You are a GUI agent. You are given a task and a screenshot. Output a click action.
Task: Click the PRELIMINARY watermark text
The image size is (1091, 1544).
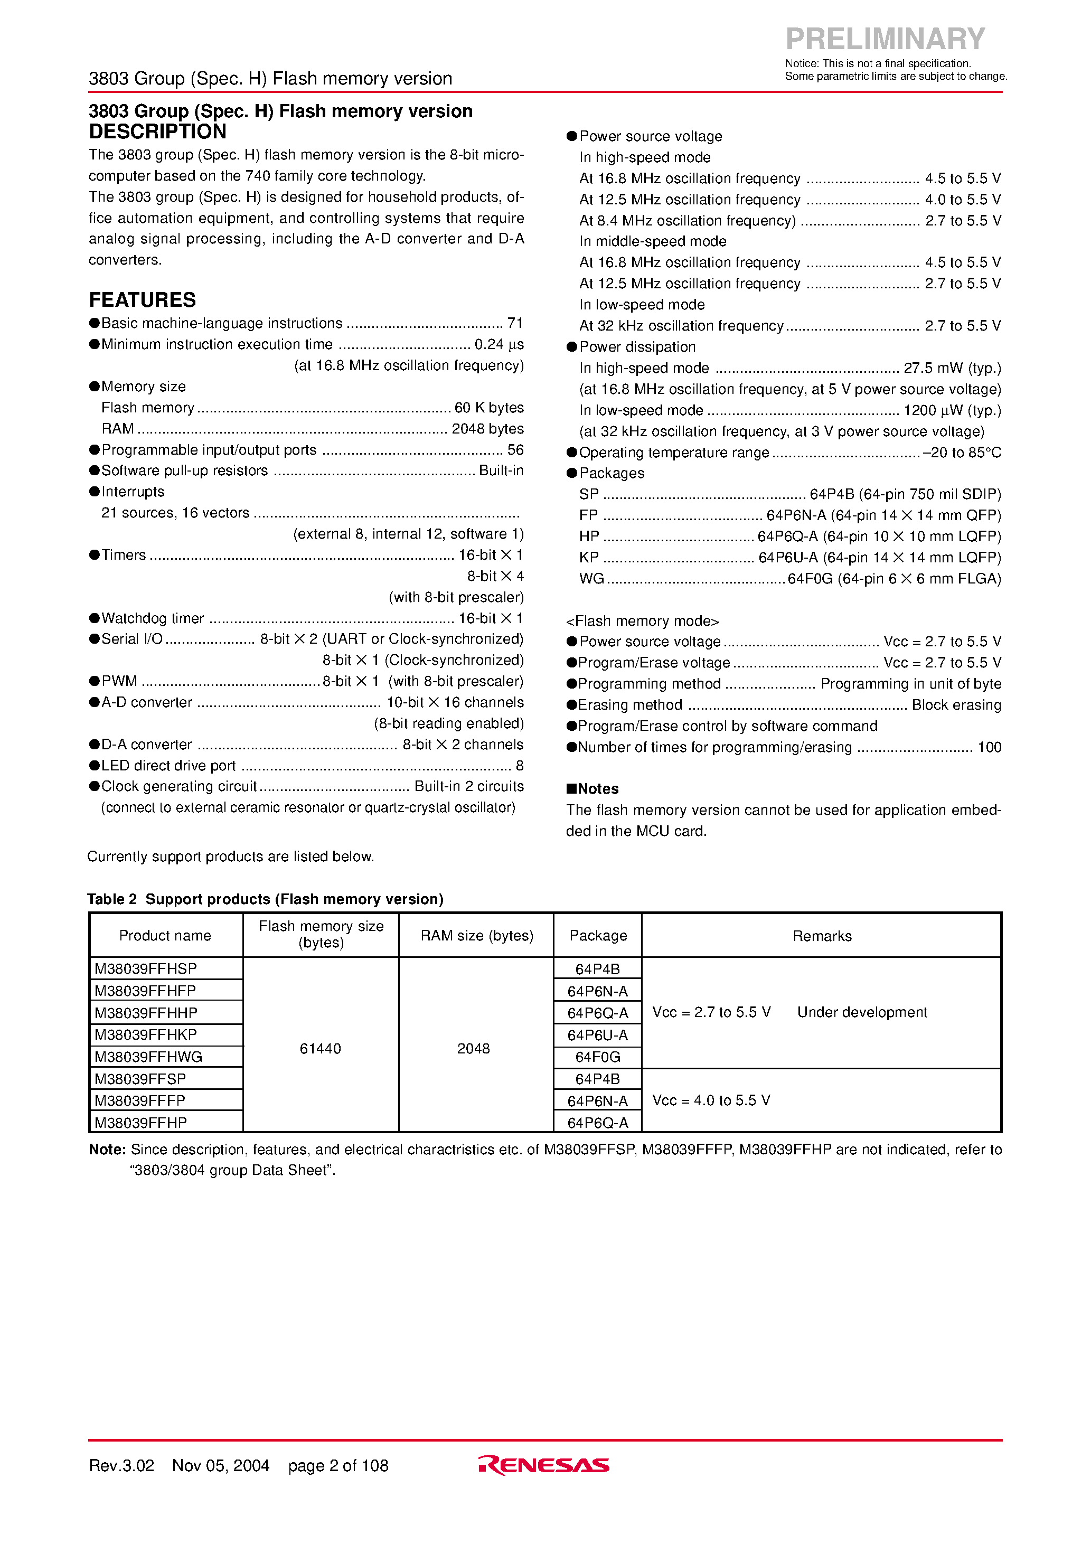click(885, 39)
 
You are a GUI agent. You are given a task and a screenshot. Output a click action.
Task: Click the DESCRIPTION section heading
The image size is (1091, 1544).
click(157, 132)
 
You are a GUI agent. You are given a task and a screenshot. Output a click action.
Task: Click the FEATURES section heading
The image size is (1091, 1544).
click(142, 300)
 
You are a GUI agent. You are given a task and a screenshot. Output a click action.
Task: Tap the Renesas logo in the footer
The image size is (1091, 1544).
click(543, 1465)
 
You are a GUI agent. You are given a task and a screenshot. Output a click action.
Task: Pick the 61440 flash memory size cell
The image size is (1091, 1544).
click(320, 1048)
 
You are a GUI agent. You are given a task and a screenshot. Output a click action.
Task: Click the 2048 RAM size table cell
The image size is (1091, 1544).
click(474, 1048)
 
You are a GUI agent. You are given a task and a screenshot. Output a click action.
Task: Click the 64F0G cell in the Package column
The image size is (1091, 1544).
click(597, 1057)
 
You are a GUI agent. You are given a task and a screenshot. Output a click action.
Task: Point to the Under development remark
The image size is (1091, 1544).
click(862, 1012)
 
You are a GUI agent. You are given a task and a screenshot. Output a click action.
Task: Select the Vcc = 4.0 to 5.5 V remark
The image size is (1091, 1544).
click(711, 1100)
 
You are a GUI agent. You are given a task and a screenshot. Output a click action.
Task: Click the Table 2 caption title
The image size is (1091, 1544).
click(265, 899)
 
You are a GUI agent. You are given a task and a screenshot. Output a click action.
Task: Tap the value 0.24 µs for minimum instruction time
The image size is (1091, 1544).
click(499, 344)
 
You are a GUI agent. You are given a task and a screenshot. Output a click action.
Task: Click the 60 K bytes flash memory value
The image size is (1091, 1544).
click(489, 408)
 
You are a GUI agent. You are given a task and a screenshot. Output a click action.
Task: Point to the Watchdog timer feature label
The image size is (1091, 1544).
click(152, 618)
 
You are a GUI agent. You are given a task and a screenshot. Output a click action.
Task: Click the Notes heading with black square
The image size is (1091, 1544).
click(592, 789)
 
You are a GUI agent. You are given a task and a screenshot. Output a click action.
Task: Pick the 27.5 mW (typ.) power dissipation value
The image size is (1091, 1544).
click(952, 368)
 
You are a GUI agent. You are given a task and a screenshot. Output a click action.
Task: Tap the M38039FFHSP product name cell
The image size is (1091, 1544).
click(145, 968)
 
